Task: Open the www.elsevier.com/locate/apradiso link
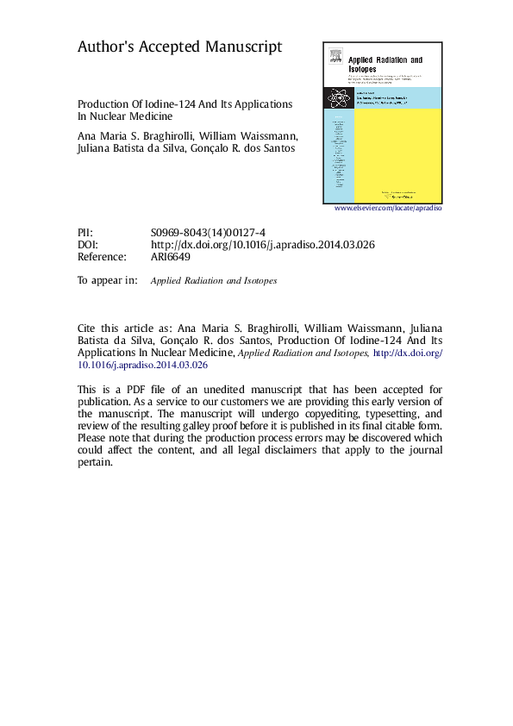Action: (x=388, y=209)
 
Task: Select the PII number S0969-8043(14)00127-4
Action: (x=208, y=233)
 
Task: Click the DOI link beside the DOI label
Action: (x=262, y=245)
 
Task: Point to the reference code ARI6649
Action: (x=170, y=257)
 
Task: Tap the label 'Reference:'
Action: (x=102, y=257)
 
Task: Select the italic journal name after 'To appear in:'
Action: (x=214, y=281)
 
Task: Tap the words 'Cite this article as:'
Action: (x=124, y=329)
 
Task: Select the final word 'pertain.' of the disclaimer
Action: (x=95, y=462)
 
